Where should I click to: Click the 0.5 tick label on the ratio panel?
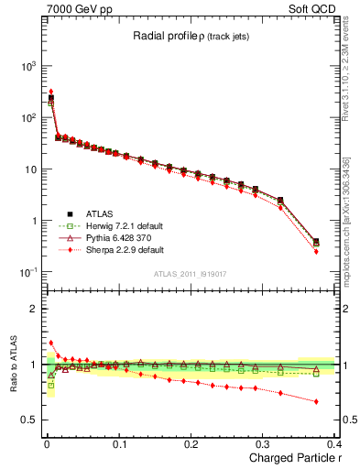(28, 420)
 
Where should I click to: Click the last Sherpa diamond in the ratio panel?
(316, 401)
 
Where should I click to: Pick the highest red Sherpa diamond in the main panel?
(50, 92)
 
